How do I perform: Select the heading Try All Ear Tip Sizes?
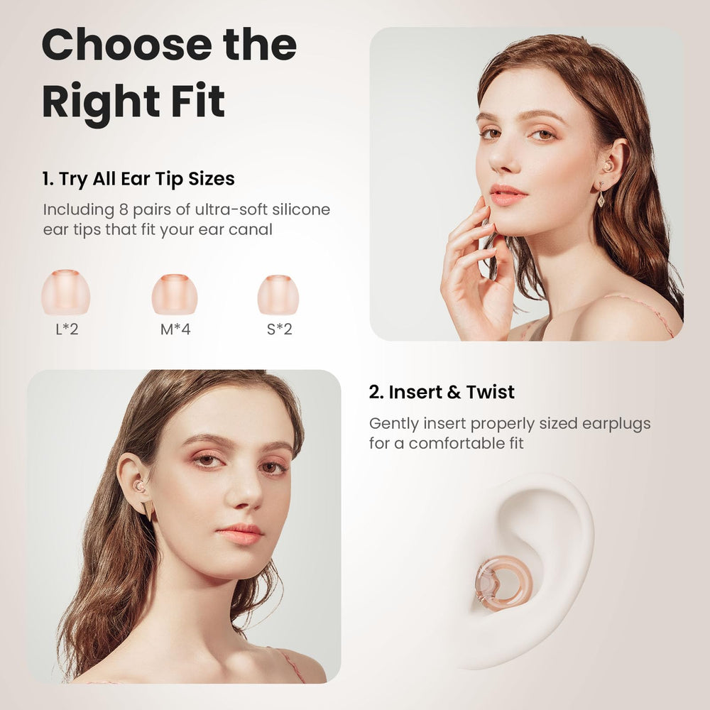point(147,178)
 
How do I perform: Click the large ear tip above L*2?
point(65,292)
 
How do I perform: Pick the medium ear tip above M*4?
point(175,294)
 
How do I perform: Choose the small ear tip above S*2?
point(278,295)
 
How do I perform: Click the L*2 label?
point(67,329)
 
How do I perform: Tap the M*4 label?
point(175,329)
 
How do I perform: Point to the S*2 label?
point(279,329)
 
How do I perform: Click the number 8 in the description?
point(124,209)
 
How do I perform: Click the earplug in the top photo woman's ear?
point(607,166)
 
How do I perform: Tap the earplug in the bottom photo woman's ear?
point(139,487)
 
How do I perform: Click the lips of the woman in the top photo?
point(508,195)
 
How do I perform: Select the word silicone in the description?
point(300,209)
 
